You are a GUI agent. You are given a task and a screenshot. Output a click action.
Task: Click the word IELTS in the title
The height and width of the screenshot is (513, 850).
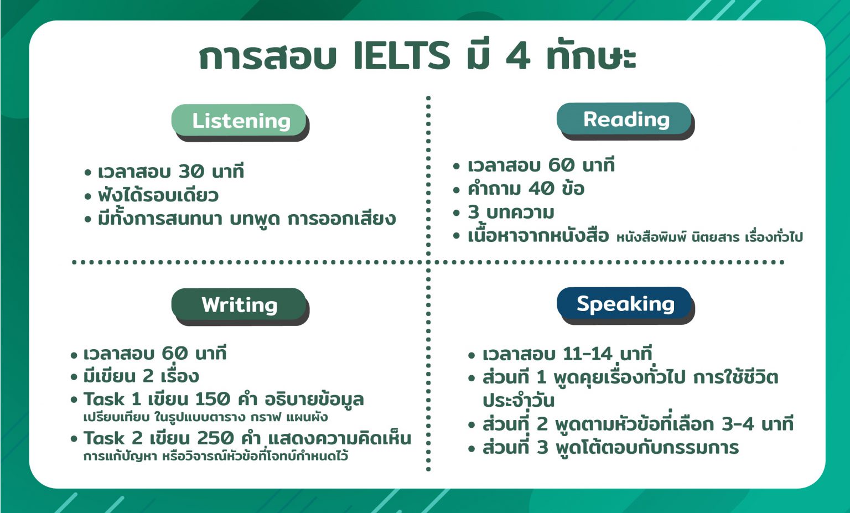point(402,56)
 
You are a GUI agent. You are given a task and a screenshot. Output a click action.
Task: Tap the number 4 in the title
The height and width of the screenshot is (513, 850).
point(518,56)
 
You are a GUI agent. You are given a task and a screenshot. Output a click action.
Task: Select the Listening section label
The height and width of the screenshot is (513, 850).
point(241,121)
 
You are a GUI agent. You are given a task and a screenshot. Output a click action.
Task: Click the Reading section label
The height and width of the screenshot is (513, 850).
point(626,119)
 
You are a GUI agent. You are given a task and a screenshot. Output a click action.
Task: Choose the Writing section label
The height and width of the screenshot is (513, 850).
point(239,304)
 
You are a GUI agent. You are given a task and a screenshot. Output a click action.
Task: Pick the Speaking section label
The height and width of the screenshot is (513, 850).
point(625,303)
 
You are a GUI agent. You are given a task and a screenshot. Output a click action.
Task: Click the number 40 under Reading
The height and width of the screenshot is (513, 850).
point(541,189)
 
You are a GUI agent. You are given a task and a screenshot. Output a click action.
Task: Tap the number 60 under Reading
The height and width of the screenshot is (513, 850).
point(561,165)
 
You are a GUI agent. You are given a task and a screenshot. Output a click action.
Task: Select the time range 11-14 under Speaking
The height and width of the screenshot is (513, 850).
point(587,354)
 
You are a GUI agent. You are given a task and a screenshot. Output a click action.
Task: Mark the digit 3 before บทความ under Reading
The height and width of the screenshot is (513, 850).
point(474,212)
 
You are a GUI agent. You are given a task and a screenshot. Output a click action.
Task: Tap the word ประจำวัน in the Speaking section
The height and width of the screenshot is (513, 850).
point(518,401)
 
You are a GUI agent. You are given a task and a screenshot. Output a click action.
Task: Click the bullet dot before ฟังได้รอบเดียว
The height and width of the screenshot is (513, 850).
point(88,196)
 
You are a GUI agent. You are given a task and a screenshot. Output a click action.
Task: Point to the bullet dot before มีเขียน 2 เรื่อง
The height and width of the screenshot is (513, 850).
point(74,377)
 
